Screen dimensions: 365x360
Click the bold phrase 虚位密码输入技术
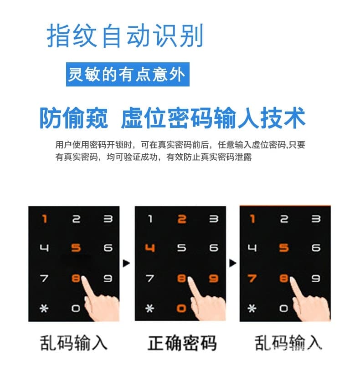213,118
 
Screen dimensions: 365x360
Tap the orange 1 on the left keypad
45,219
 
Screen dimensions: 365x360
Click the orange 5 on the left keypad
76,248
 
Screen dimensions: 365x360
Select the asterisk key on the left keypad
44,308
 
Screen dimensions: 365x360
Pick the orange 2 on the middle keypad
182,219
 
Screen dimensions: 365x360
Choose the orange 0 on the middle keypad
182,308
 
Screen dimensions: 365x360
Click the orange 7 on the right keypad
252,279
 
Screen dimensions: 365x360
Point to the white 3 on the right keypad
315,219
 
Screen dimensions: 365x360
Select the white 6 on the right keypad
315,248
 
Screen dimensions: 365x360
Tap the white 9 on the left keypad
108,279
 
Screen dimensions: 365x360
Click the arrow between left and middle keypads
127,263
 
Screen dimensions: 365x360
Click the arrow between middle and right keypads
233,263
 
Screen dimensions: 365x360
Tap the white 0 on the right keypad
284,308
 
